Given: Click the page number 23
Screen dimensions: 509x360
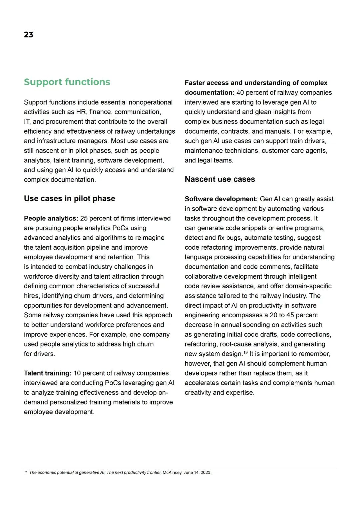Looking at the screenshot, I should [x=28, y=35].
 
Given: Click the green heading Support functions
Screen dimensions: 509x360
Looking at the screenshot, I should [x=67, y=82].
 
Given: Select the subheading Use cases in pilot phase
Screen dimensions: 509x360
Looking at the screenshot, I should [x=69, y=199].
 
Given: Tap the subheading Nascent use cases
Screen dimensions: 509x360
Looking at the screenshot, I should [x=220, y=179].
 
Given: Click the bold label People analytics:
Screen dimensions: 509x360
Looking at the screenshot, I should [x=51, y=218].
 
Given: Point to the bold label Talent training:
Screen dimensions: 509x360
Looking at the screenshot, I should [x=48, y=373].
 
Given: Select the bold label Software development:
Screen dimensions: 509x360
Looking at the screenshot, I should [x=221, y=199].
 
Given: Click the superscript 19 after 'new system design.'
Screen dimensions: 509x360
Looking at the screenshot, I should [x=246, y=352].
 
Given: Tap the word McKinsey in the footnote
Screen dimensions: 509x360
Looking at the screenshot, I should [x=172, y=472].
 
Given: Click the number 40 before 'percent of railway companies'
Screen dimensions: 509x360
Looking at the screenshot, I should [x=240, y=92].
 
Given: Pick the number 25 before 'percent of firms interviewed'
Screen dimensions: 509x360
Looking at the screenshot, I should [x=84, y=218].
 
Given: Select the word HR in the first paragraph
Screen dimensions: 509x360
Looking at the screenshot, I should [x=81, y=112].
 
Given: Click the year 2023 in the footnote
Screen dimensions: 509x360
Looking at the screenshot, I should [x=206, y=472].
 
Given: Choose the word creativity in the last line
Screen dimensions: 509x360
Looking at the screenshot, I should [x=198, y=392].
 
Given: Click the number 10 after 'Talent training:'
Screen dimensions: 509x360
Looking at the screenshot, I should [x=77, y=373].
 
